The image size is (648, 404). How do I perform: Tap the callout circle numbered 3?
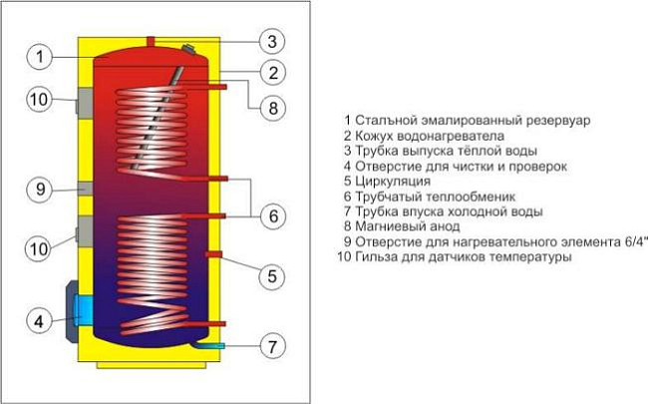[x=270, y=41]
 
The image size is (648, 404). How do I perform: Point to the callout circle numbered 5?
[x=270, y=275]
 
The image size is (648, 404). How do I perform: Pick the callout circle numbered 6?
[x=270, y=213]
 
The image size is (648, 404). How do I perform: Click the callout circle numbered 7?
[x=270, y=347]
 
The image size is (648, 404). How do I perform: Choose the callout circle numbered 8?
[x=270, y=106]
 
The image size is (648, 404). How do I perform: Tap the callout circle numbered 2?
[x=270, y=73]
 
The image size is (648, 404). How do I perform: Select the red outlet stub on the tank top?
[x=151, y=40]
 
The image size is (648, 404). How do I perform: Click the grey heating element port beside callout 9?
[x=84, y=190]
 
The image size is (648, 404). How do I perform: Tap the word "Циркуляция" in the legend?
[x=393, y=182]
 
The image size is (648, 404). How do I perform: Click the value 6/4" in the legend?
[x=633, y=241]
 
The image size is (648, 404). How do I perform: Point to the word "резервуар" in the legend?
[x=554, y=120]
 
